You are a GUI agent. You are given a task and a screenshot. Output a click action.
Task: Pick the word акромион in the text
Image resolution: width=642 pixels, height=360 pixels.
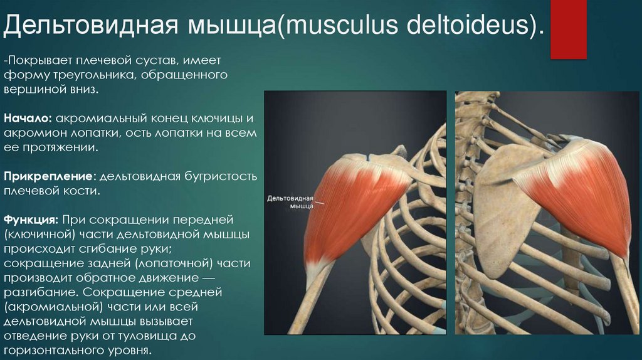29,134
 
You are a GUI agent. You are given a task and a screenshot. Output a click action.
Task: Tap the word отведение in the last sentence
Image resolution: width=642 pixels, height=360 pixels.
31,336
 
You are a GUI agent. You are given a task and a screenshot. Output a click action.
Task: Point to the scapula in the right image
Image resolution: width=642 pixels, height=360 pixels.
495,213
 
